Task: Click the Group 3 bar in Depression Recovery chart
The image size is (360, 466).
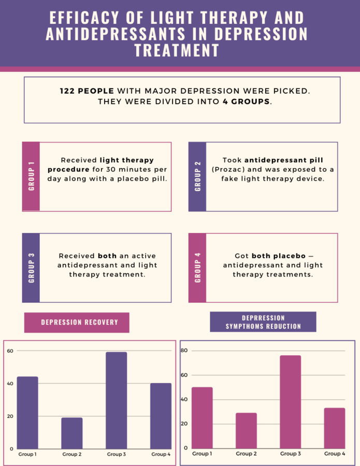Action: pyautogui.click(x=116, y=400)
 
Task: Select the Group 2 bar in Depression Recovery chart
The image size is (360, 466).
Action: pyautogui.click(x=72, y=433)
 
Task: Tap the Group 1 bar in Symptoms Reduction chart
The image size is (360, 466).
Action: pyautogui.click(x=202, y=417)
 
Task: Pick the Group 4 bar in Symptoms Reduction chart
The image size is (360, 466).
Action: pyautogui.click(x=334, y=428)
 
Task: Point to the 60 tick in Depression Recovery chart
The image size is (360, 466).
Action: pyautogui.click(x=10, y=351)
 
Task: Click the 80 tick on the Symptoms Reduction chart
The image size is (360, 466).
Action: pyautogui.click(x=184, y=351)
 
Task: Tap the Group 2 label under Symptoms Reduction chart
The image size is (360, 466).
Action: pyautogui.click(x=246, y=454)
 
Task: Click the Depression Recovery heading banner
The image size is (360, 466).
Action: pyautogui.click(x=77, y=323)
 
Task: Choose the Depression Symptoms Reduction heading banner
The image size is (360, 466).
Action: pyautogui.click(x=263, y=322)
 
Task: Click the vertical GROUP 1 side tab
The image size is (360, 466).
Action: pyautogui.click(x=31, y=177)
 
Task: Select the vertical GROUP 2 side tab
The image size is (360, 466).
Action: pyautogui.click(x=197, y=177)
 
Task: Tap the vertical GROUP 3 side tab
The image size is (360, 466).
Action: pyautogui.click(x=31, y=268)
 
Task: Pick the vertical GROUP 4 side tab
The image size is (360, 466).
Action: pyautogui.click(x=197, y=268)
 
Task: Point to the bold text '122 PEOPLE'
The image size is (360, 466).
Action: pyautogui.click(x=87, y=91)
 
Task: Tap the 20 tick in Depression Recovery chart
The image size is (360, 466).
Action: pyautogui.click(x=10, y=416)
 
